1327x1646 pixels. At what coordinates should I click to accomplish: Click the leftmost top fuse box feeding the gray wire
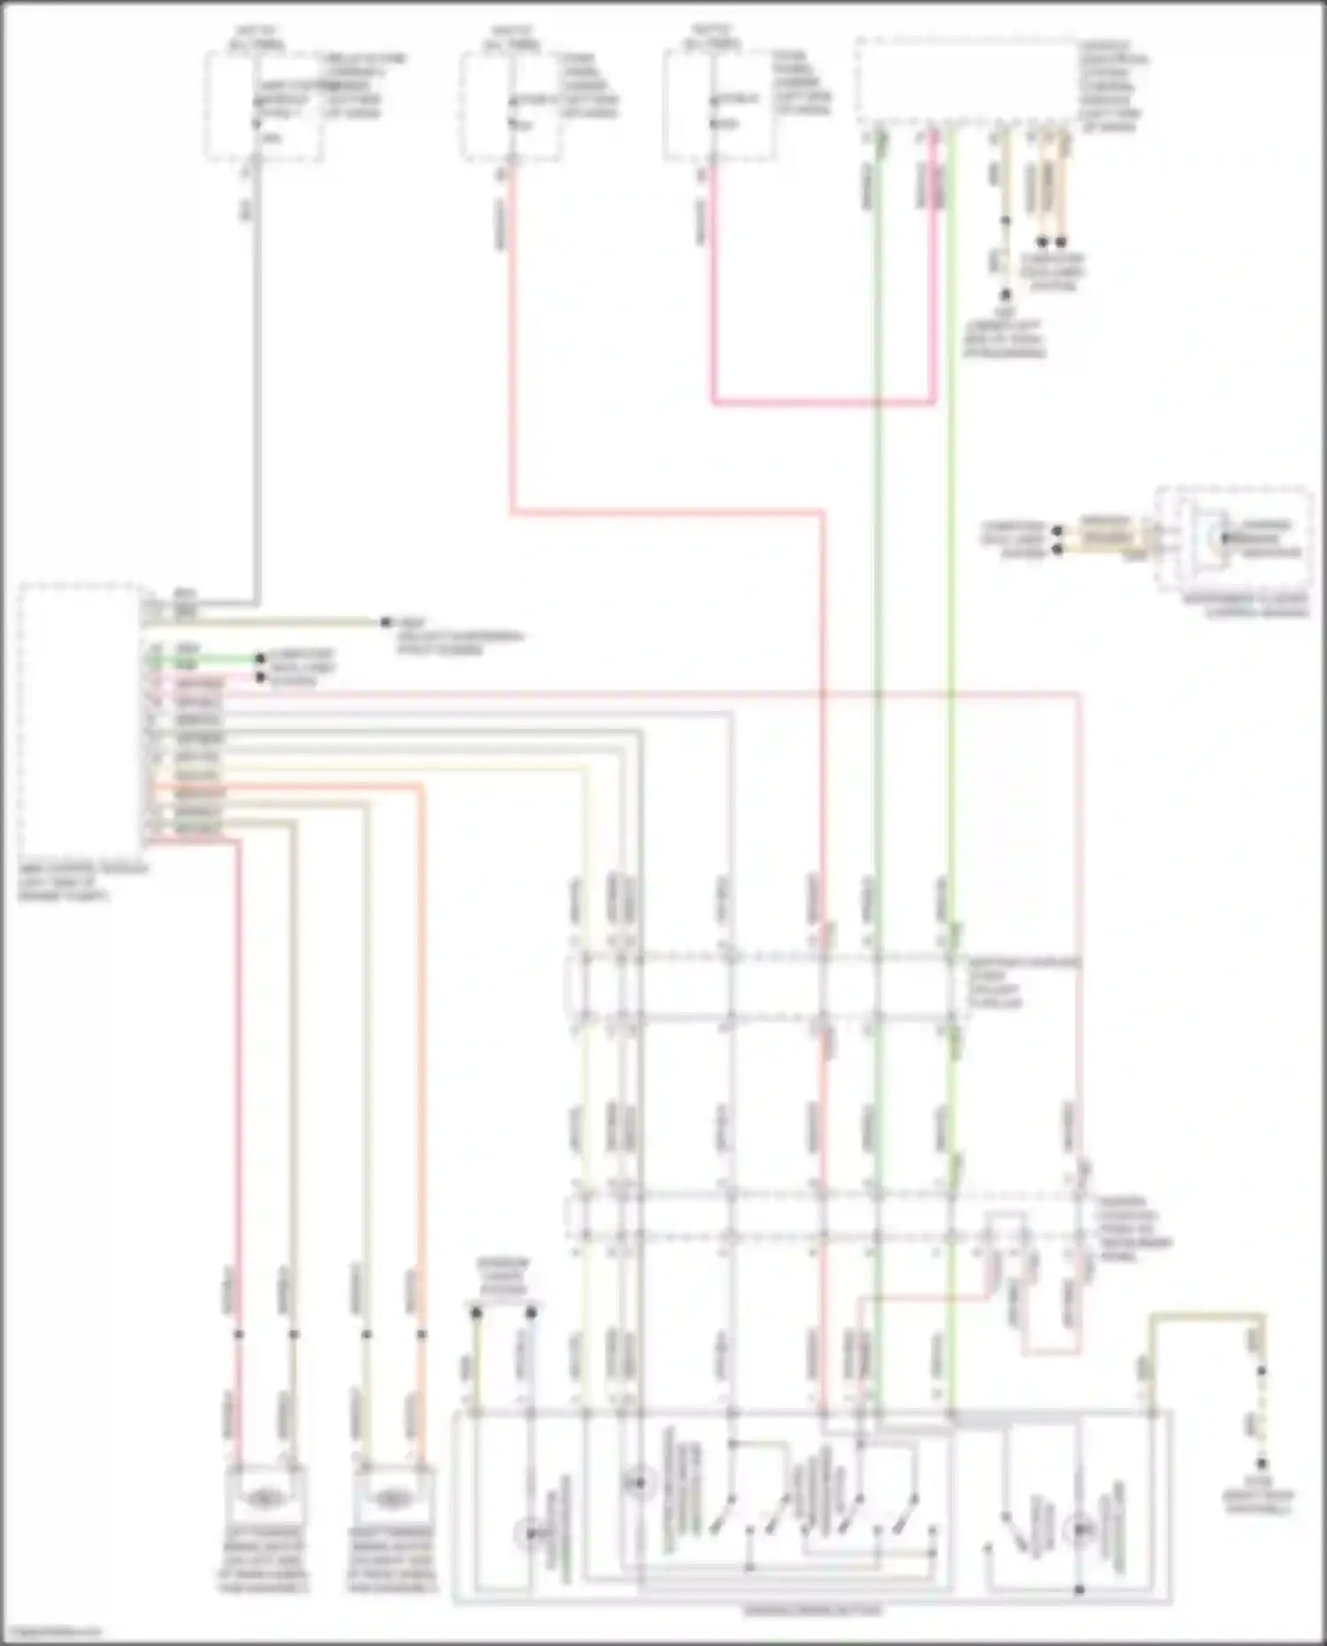click(x=263, y=106)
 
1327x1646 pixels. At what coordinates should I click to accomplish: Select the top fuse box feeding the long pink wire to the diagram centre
click(x=510, y=106)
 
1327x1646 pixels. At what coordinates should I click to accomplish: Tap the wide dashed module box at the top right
click(x=966, y=81)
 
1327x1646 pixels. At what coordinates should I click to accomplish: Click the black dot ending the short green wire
click(x=260, y=660)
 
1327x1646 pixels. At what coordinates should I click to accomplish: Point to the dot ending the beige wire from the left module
click(x=386, y=623)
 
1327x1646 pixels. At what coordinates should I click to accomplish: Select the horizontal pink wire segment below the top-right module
click(x=823, y=403)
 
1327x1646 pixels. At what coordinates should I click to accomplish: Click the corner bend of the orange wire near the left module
click(x=421, y=787)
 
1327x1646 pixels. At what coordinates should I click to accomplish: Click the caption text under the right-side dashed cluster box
click(x=1246, y=606)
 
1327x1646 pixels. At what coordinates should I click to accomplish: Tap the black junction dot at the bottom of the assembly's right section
click(x=1079, y=1589)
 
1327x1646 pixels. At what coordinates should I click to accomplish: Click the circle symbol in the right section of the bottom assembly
click(x=1079, y=1528)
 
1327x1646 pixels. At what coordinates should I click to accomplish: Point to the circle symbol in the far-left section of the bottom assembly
click(x=529, y=1533)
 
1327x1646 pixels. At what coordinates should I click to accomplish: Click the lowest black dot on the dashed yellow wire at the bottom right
click(x=1262, y=1464)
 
